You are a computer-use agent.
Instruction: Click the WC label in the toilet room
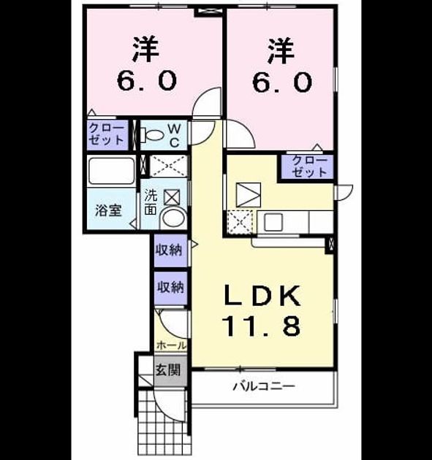pyautogui.click(x=175, y=135)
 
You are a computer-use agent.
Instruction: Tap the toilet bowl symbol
pyautogui.click(x=152, y=135)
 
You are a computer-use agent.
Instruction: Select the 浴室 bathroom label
pyautogui.click(x=108, y=210)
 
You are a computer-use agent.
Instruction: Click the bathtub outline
pyautogui.click(x=112, y=171)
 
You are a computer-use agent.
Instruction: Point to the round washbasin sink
pyautogui.click(x=173, y=218)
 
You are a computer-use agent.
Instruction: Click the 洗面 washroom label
pyautogui.click(x=151, y=202)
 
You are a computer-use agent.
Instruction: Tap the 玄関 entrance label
pyautogui.click(x=168, y=370)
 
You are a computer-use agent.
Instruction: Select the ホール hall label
pyautogui.click(x=171, y=345)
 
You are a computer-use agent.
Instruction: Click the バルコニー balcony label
pyautogui.click(x=264, y=386)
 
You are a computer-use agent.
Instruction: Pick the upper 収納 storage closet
pyautogui.click(x=171, y=250)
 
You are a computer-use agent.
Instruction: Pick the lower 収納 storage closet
pyautogui.click(x=171, y=288)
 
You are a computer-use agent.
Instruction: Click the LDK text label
pyautogui.click(x=262, y=296)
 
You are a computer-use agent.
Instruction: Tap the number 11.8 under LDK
pyautogui.click(x=262, y=326)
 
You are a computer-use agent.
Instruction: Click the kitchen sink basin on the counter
pyautogui.click(x=273, y=222)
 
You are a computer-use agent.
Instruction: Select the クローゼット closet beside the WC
pyautogui.click(x=107, y=134)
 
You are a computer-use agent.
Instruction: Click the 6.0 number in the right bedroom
pyautogui.click(x=281, y=82)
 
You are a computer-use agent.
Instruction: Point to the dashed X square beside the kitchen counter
pyautogui.click(x=240, y=222)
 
